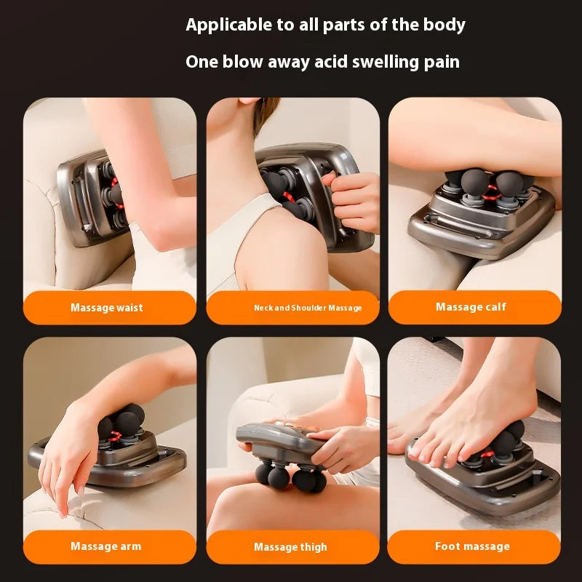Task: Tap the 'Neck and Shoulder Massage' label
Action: [292, 308]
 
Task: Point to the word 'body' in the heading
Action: [444, 25]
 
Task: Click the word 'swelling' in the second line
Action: [386, 62]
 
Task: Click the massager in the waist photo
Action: [91, 196]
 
